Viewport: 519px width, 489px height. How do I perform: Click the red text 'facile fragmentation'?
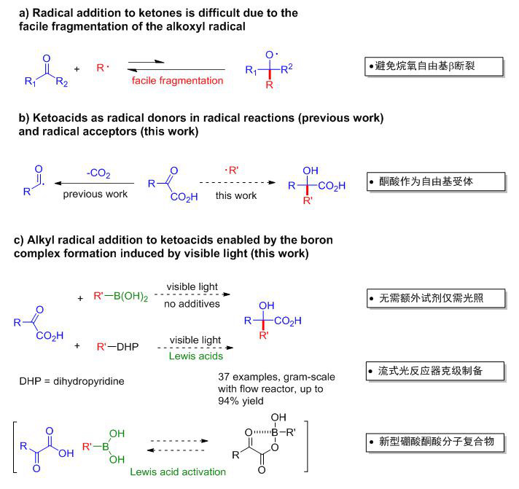(x=178, y=80)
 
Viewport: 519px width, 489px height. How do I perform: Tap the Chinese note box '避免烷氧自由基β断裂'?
(x=434, y=67)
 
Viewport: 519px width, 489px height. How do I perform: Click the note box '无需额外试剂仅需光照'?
(x=435, y=299)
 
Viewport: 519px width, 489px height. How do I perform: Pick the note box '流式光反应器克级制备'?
(x=435, y=372)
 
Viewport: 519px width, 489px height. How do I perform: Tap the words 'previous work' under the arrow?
(x=96, y=195)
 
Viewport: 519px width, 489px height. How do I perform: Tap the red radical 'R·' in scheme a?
(x=103, y=69)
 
